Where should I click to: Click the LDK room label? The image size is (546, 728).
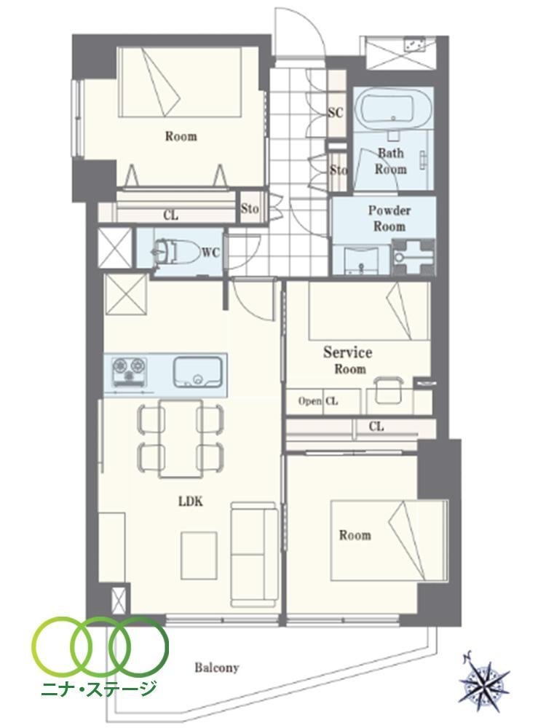coord(191,502)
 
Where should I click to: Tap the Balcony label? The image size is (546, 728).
coord(217,668)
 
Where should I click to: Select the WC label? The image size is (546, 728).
coord(211,253)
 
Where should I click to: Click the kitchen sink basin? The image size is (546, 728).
coord(198,371)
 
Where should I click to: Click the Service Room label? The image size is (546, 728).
coord(348,360)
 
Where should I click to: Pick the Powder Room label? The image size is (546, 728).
coord(389,218)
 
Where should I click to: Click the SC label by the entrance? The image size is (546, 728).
coord(335,112)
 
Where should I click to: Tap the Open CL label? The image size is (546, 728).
coord(318,401)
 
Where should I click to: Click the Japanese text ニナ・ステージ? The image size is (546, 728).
coord(99,687)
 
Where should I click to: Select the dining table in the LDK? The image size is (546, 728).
coord(181,438)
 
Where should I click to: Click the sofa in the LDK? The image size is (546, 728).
coord(254,554)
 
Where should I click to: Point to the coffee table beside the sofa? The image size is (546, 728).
coord(199,554)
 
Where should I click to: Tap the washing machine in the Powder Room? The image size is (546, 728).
coord(413,257)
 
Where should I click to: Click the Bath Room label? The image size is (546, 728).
coord(390,161)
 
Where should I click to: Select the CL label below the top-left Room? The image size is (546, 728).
coord(171,215)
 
